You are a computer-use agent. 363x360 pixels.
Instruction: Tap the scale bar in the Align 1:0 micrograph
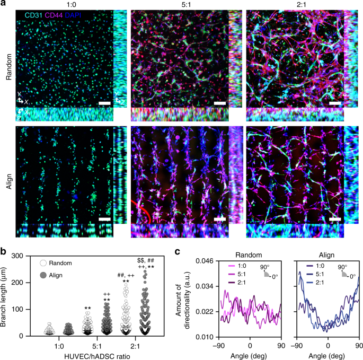tap(105, 218)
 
